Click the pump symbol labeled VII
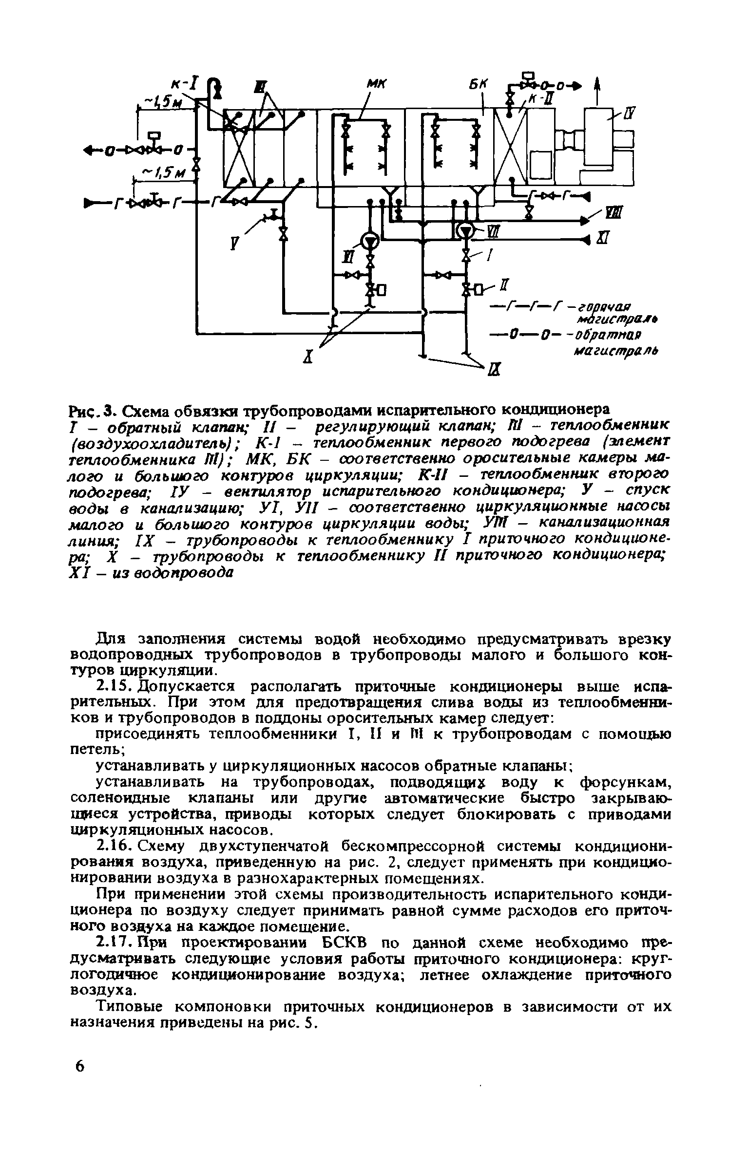coord(466,230)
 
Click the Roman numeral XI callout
coord(601,239)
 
